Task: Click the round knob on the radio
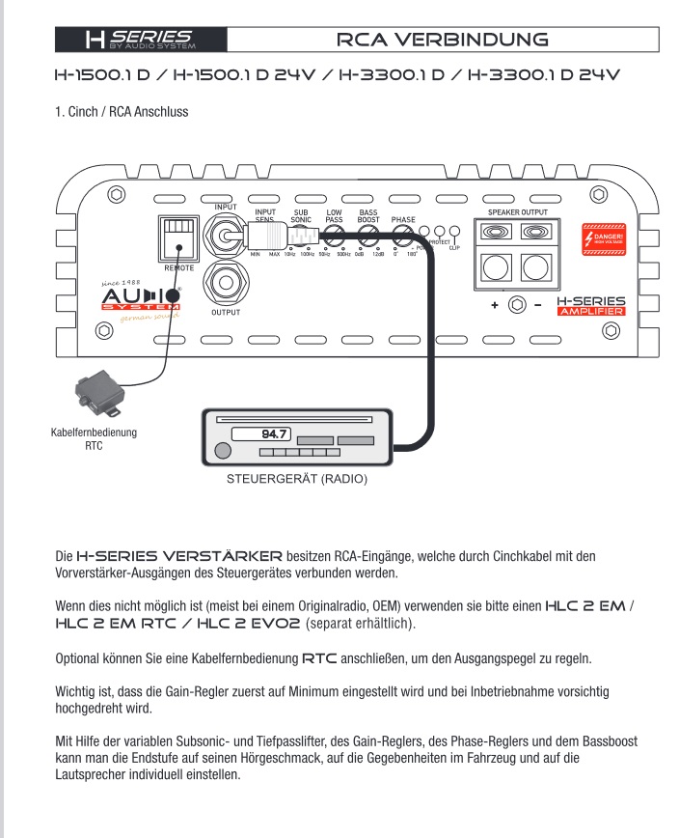pos(224,450)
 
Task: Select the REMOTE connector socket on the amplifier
pos(177,236)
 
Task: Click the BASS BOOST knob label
pos(367,215)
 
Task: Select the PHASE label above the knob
pos(403,219)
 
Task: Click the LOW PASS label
pos(335,215)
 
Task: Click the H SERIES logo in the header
pos(141,40)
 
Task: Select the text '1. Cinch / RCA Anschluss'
pos(121,112)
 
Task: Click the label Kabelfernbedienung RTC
pos(94,439)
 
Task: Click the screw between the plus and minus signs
pos(517,305)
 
